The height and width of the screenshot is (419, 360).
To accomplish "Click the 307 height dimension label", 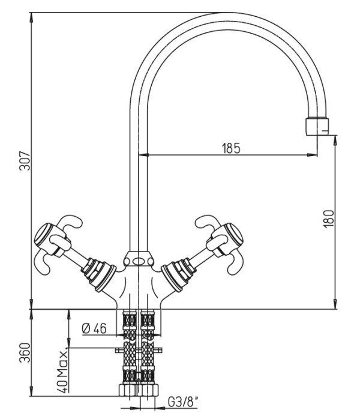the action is click(25, 161).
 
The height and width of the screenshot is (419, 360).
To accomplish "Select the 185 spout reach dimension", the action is click(231, 148).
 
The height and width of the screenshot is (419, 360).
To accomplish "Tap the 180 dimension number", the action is click(329, 219).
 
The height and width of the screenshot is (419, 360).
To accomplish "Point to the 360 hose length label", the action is click(25, 352).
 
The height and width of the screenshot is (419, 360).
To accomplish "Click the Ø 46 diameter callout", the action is click(94, 329).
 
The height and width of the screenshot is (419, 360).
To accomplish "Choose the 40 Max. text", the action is click(63, 370).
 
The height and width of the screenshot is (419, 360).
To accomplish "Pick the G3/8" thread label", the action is click(184, 402).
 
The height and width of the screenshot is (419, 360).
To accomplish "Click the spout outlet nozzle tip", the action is click(317, 126).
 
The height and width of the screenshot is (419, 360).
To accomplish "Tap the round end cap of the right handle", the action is click(234, 234).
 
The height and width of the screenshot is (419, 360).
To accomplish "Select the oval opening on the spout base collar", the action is click(139, 261).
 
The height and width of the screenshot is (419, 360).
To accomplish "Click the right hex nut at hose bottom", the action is click(149, 390).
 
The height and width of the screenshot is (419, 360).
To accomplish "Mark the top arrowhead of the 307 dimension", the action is click(32, 17).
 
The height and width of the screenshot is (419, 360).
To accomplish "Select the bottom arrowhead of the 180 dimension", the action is click(335, 304).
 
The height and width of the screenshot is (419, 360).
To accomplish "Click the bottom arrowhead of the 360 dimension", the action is click(32, 391).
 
